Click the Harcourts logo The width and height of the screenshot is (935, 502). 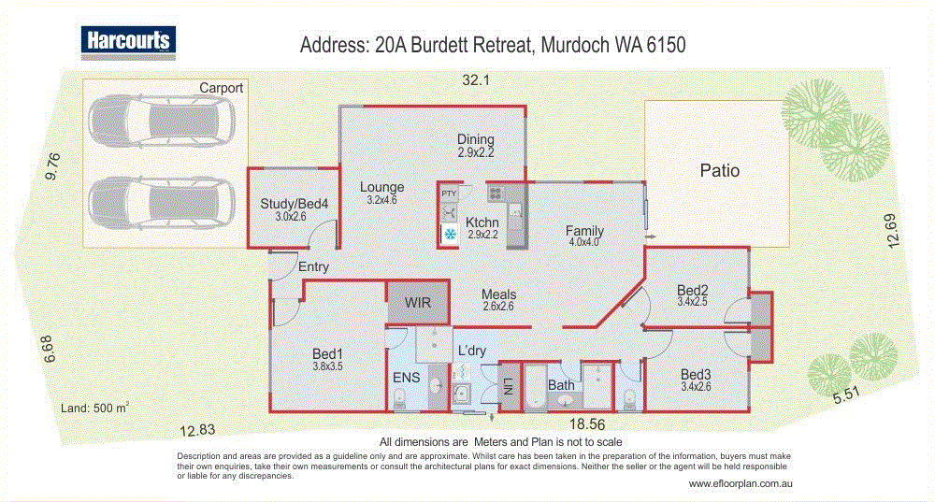point(127,41)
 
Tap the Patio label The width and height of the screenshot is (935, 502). point(720,171)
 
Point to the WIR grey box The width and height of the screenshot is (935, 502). point(417,303)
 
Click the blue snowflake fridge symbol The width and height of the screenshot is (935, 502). point(449,234)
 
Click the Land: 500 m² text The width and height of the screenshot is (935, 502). point(94,407)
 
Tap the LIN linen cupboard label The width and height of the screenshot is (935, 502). point(509,384)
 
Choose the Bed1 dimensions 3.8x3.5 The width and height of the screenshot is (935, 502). point(327,367)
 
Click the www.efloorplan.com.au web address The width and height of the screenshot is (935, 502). point(741,483)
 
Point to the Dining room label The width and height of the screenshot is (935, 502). point(475,139)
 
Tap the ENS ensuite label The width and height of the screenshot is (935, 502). point(404,378)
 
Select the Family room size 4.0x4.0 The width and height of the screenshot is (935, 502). point(584,242)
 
